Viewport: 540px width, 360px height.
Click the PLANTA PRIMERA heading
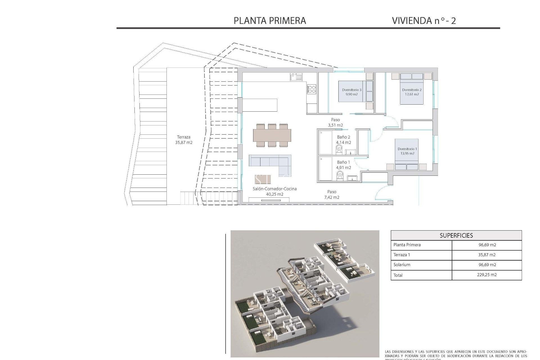tap(270, 21)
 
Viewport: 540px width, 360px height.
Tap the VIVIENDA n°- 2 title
tap(424, 21)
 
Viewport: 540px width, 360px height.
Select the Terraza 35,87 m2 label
tap(184, 140)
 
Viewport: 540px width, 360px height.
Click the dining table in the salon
tap(272, 135)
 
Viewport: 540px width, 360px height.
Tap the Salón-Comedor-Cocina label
tap(274, 191)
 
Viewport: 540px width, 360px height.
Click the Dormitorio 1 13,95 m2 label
tap(407, 151)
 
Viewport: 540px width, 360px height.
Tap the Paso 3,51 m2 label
tap(335, 122)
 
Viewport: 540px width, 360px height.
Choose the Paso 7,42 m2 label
tap(332, 194)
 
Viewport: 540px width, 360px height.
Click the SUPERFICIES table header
tap(456, 235)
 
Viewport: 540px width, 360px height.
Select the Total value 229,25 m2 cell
tap(487, 275)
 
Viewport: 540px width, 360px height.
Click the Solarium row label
tap(402, 265)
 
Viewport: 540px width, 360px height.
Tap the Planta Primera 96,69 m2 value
tap(487, 245)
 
